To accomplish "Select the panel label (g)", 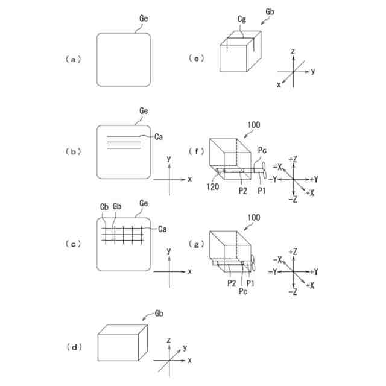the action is coord(195,245).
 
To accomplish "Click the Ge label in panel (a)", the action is coord(144,19).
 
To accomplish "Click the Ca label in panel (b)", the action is coord(159,137).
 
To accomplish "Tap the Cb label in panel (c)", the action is coord(104,207).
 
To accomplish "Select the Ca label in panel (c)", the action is coord(162,229).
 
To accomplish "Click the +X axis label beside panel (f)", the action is coord(310,192).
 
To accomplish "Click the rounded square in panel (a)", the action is coord(124,59).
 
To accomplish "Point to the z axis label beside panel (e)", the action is coord(292,52).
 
